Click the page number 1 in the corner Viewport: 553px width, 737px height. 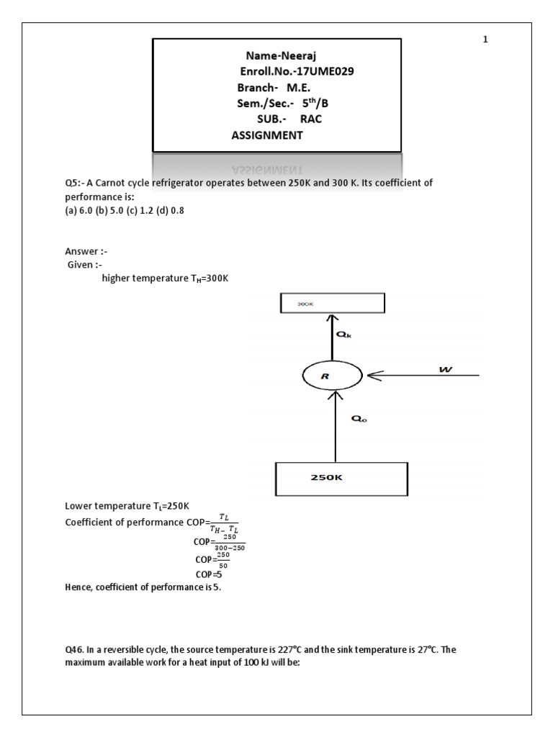point(485,40)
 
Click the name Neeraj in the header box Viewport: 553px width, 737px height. point(298,55)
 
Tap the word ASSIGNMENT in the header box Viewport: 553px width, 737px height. point(267,135)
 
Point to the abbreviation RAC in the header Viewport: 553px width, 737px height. point(311,119)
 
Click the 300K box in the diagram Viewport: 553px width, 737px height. point(331,304)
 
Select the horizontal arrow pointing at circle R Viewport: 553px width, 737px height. point(421,375)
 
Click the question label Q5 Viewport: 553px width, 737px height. point(73,183)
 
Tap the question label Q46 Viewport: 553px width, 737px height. point(75,649)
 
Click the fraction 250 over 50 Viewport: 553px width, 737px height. point(222,560)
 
